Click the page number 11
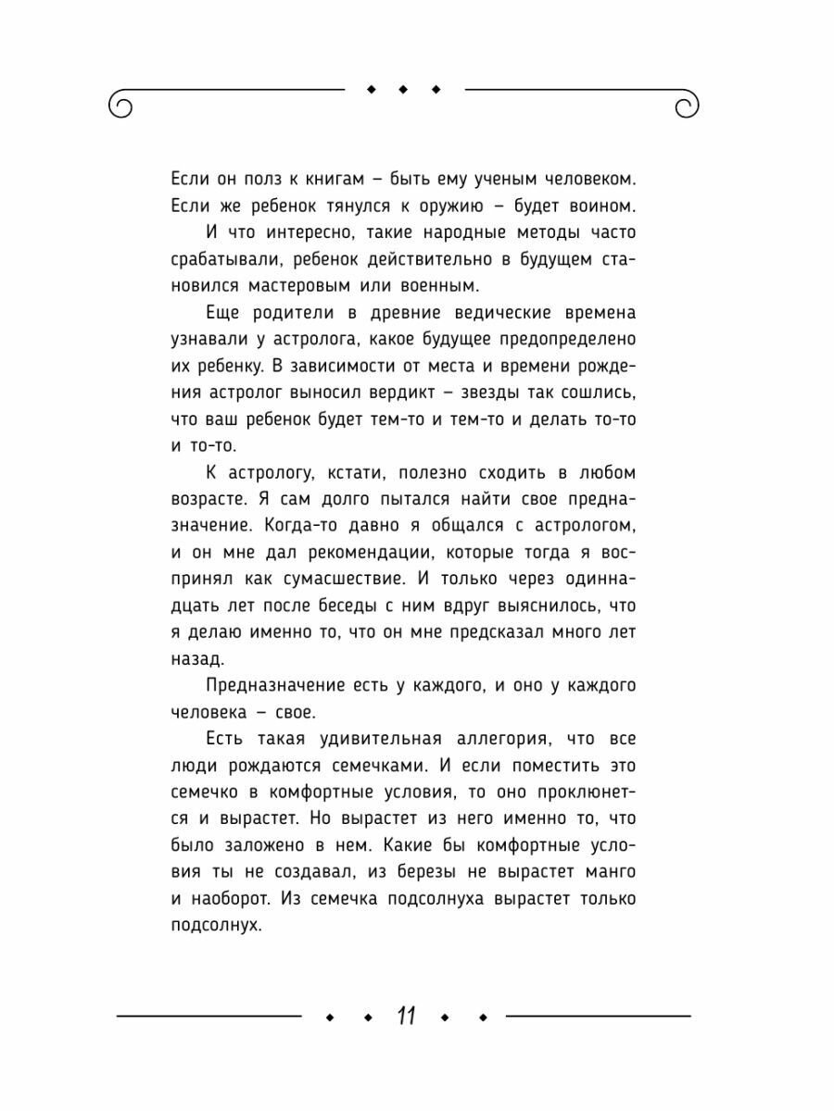pos(405,1016)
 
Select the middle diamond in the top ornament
pos(404,90)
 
